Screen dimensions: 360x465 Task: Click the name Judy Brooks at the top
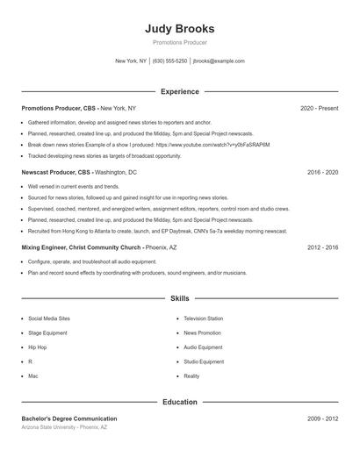pyautogui.click(x=179, y=28)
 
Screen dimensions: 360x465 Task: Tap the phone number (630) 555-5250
pyautogui.click(x=169, y=61)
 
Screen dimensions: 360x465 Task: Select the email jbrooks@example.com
pyautogui.click(x=218, y=61)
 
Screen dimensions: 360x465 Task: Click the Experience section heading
pyautogui.click(x=179, y=91)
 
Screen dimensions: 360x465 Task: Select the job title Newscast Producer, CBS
pyautogui.click(x=56, y=173)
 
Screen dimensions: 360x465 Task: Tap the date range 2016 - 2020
pyautogui.click(x=322, y=173)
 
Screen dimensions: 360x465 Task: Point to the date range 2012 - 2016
pyautogui.click(x=322, y=247)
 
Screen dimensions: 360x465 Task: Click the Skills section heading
pyautogui.click(x=179, y=298)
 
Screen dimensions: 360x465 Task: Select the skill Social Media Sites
pyautogui.click(x=48, y=318)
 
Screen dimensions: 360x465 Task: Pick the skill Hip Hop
pyautogui.click(x=39, y=347)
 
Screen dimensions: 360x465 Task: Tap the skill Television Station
pyautogui.click(x=203, y=318)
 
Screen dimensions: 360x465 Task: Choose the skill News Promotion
pyautogui.click(x=202, y=333)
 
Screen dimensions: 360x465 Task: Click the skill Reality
pyautogui.click(x=191, y=376)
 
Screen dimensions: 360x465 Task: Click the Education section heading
pyautogui.click(x=179, y=402)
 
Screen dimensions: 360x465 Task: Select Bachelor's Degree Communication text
pyautogui.click(x=69, y=418)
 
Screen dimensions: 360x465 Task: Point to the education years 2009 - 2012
pyautogui.click(x=322, y=418)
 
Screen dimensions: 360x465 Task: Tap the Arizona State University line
pyautogui.click(x=64, y=427)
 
